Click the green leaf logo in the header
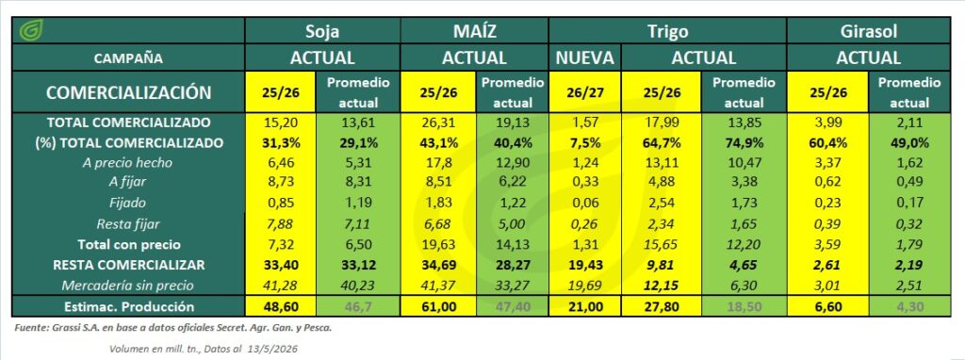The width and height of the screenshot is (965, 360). pos(30,30)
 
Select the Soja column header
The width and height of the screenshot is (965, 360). pos(322,31)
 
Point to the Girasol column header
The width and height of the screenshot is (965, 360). pos(868,31)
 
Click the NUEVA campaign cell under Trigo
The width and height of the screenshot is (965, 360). pos(584,58)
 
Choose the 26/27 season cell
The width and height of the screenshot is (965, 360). pos(584,91)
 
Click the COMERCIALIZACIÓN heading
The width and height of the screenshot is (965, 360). pos(128,92)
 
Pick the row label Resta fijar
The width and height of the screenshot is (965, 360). pos(128,224)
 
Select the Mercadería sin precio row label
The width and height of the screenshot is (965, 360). pos(128,286)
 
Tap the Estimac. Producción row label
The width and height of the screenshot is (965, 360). pos(128,306)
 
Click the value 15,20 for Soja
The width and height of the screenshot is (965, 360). pos(280,123)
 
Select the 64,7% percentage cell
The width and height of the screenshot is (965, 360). pos(661,142)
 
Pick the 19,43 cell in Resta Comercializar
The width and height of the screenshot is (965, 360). pos(584,265)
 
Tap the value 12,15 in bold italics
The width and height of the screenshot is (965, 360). pos(661,286)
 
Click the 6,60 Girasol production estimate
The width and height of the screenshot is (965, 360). pos(827,306)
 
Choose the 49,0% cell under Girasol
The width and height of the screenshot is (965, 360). pos(909,142)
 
